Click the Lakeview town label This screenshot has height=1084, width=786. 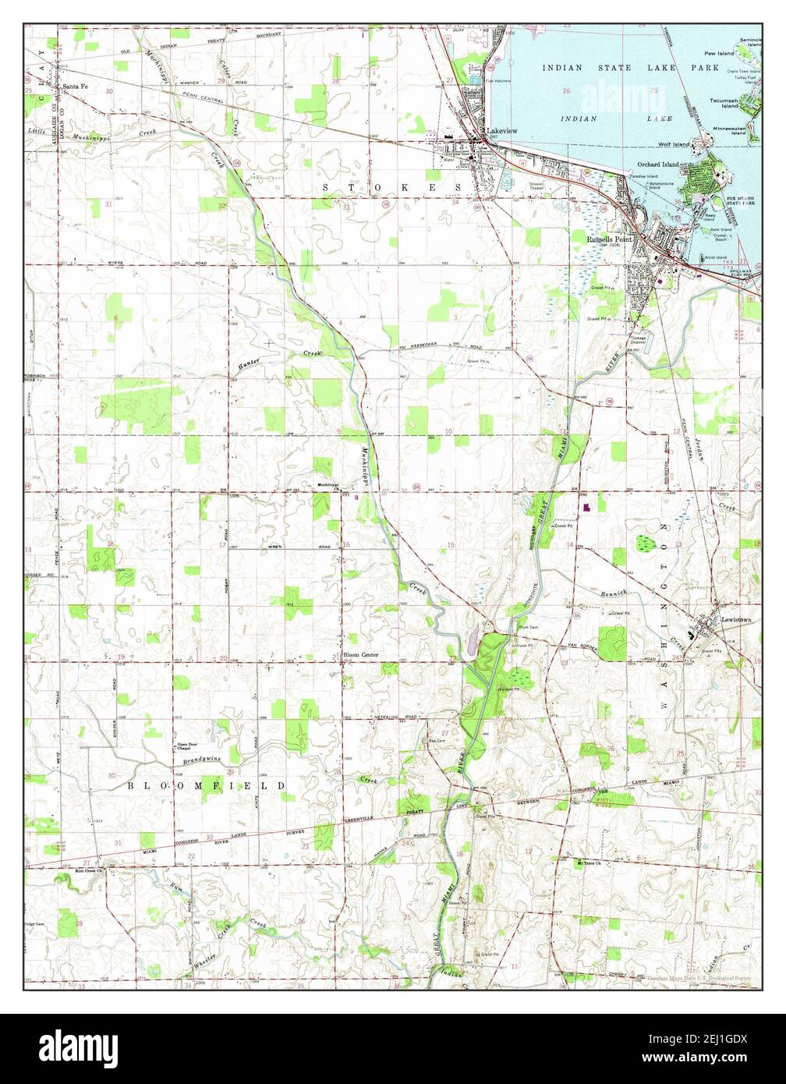tap(501, 131)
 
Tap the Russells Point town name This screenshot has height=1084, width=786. tap(609, 239)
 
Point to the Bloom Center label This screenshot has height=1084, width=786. tap(361, 655)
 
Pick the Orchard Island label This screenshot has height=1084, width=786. tap(658, 165)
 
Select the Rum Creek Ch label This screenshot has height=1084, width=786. tap(89, 870)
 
